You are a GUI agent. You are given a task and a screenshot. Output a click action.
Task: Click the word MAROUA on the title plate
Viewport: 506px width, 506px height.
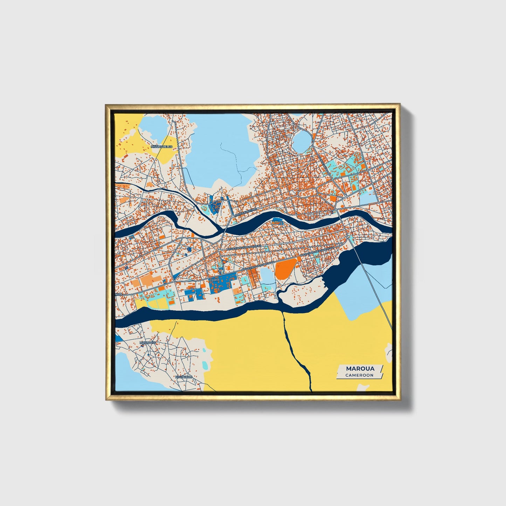click(x=360, y=368)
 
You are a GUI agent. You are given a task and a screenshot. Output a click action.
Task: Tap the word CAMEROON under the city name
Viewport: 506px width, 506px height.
click(x=359, y=375)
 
